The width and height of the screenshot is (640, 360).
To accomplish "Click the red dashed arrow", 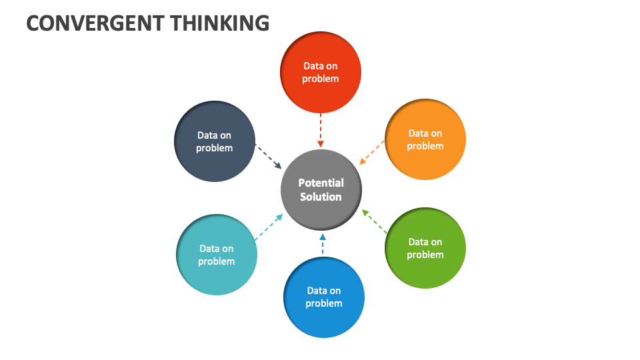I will tap(321, 130).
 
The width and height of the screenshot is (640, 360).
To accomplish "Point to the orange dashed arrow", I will tap(372, 152).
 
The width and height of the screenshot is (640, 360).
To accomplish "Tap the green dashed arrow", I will tap(375, 221).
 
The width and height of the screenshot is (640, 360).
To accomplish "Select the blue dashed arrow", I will tap(323, 244).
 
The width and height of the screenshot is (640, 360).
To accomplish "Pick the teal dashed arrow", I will tap(268, 227).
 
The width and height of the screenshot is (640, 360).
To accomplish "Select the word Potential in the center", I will tap(321, 183).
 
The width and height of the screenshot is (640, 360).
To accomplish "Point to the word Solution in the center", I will tap(321, 197).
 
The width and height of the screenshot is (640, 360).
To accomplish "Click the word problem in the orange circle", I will tap(425, 146).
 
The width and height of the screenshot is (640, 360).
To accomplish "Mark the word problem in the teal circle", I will tap(217, 261).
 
